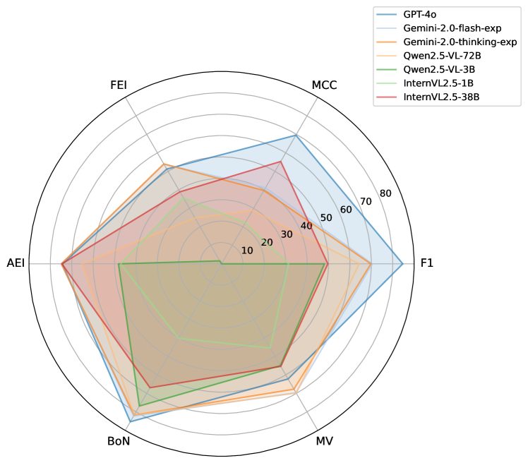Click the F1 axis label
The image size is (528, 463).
pyautogui.click(x=427, y=263)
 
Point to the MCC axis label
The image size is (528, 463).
pyautogui.click(x=324, y=85)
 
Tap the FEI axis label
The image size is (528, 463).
pyautogui.click(x=118, y=85)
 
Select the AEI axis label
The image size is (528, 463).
pyautogui.click(x=16, y=263)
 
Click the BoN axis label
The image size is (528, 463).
pyautogui.click(x=118, y=441)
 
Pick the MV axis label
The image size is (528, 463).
pyautogui.click(x=324, y=441)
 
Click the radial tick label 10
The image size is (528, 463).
pyautogui.click(x=247, y=251)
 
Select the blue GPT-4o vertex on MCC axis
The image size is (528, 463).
pyautogui.click(x=295, y=136)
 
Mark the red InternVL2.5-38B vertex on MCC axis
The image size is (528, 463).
pyautogui.click(x=281, y=161)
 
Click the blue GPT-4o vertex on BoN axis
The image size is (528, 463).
pyautogui.click(x=130, y=421)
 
